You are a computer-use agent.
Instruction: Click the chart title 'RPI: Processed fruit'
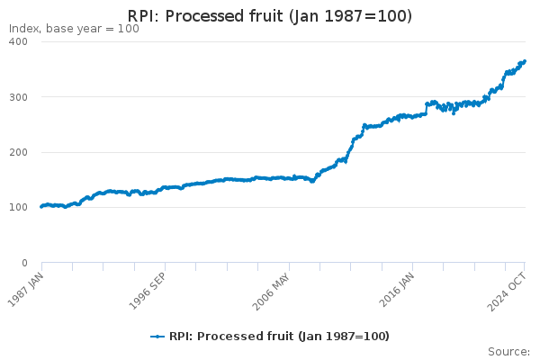[x=205, y=16]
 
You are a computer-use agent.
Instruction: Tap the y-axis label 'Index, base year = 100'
[x=74, y=29]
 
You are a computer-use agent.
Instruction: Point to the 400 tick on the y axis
[x=19, y=41]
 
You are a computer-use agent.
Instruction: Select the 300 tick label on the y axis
[x=19, y=97]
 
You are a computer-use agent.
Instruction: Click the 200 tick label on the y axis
[x=19, y=152]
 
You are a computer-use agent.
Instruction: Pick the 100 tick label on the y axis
[x=19, y=207]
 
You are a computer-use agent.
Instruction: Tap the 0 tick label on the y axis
[x=24, y=263]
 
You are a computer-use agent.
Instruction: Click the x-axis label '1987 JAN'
[x=26, y=290]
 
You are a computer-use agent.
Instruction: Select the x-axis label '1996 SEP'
[x=148, y=291]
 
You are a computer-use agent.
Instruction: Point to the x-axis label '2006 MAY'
[x=272, y=292]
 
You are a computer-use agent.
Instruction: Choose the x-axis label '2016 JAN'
[x=397, y=290]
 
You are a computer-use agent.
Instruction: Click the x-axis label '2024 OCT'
[x=507, y=292]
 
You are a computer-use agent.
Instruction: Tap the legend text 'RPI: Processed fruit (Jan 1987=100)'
[x=279, y=337]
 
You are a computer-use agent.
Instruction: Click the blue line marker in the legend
[x=157, y=337]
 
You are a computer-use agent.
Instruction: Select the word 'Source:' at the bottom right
[x=509, y=352]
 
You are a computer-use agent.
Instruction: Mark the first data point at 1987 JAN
[x=41, y=207]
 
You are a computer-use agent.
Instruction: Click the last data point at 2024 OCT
[x=525, y=61]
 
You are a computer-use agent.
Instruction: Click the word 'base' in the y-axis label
[x=58, y=29]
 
